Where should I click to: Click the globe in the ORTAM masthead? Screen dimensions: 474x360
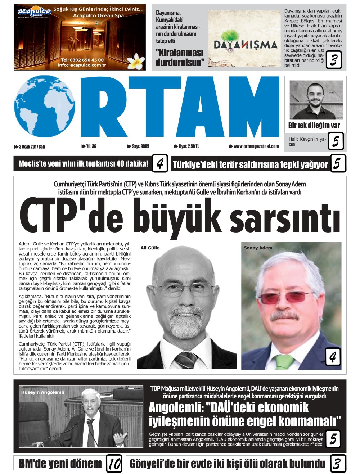(45, 107)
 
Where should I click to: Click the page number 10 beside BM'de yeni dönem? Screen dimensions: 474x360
(114, 464)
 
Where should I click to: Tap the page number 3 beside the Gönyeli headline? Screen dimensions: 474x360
(337, 464)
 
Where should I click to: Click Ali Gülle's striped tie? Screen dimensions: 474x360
(186, 360)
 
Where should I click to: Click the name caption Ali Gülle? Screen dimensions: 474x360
(150, 248)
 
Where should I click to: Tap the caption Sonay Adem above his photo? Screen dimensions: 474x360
(258, 248)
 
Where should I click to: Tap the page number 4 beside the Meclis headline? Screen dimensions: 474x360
(160, 164)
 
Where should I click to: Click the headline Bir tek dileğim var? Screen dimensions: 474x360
(314, 125)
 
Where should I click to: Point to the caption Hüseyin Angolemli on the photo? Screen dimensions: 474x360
(42, 392)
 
